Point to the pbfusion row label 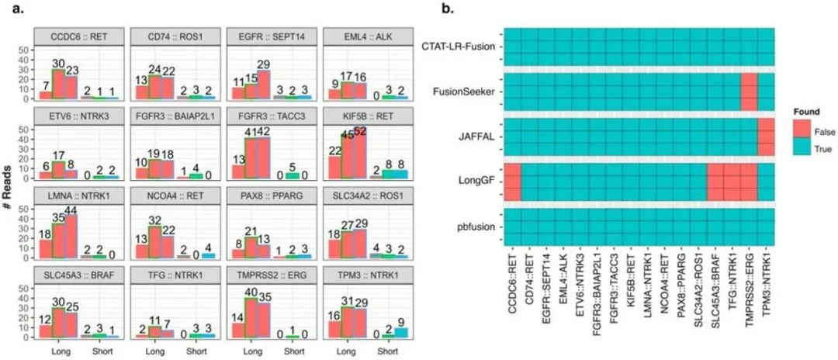(473, 229)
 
